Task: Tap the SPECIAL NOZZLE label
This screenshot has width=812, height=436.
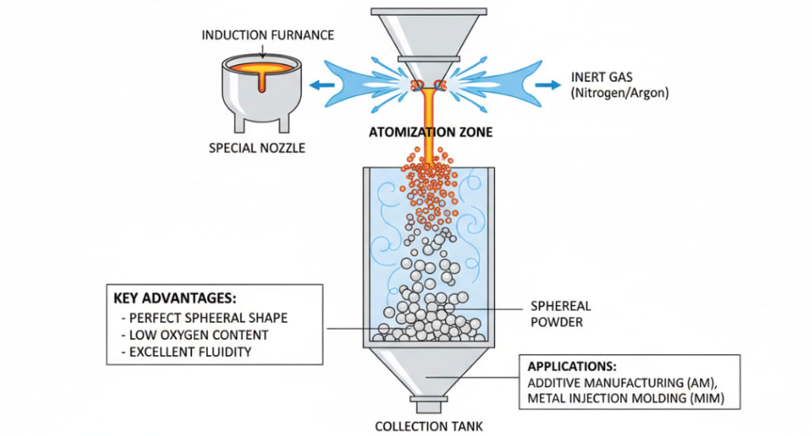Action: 256,147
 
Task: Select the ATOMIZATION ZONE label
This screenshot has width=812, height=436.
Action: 431,132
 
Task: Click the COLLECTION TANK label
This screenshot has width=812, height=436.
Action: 429,426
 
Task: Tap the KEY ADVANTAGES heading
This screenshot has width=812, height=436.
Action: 175,299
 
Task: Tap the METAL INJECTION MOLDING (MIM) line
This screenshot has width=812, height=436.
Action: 626,399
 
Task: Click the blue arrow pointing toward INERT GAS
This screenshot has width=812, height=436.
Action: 546,84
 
